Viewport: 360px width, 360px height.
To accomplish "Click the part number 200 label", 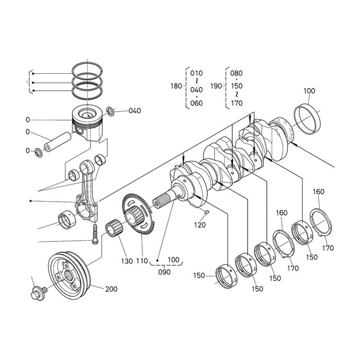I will tap(112, 288).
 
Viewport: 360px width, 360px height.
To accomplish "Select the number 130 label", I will tap(126, 261).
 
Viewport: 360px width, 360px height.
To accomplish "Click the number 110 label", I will tap(142, 261).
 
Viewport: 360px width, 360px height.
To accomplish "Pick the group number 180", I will tap(177, 85).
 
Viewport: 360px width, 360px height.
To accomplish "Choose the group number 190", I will tap(216, 85).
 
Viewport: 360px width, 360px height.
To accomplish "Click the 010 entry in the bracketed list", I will tap(197, 73).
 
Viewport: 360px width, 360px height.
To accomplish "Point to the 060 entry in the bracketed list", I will tap(197, 103).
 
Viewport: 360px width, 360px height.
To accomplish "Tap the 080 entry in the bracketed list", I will tap(236, 73).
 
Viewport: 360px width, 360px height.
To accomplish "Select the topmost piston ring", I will tap(88, 67).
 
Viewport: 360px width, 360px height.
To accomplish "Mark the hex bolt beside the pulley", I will tap(36, 292).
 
